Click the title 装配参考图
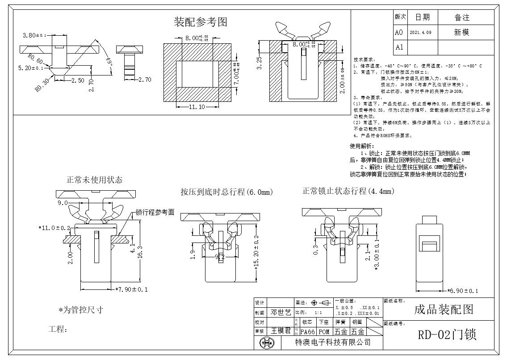coord(200,22)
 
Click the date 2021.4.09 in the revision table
coord(420,33)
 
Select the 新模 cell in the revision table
coord(461,33)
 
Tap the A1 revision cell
coord(399,47)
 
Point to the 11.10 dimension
coord(197,107)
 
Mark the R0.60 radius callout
coord(35,59)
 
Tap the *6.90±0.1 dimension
coord(462,291)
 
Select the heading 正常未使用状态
coord(94,180)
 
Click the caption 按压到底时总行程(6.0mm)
coord(226,192)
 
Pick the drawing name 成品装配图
coord(443,310)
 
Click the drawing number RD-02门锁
coord(447,335)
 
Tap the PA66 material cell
coord(307,332)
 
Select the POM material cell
coord(324,332)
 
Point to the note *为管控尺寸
coord(80,310)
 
